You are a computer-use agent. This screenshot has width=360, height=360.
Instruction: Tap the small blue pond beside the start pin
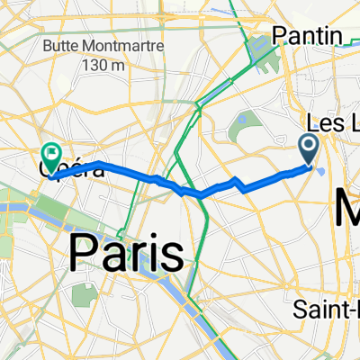pos(321,167)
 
